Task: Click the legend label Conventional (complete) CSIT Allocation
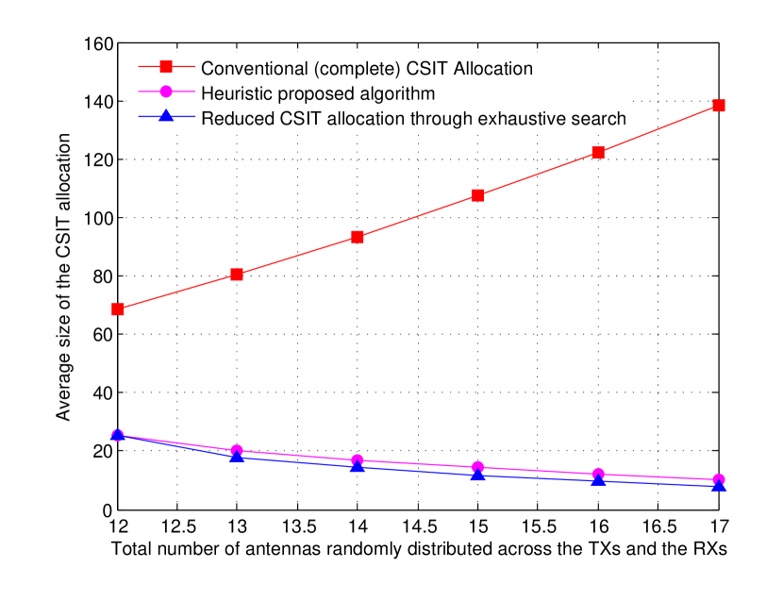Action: point(367,69)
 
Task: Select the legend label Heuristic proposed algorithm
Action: point(318,93)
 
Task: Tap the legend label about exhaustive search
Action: point(413,118)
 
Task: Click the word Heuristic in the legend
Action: point(234,93)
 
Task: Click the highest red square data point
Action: point(719,106)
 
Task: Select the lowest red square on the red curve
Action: point(118,309)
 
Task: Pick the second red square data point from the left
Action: point(237,275)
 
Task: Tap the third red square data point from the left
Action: point(358,237)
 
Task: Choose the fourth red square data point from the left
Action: point(478,195)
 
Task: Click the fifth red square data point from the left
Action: point(598,153)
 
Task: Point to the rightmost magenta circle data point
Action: point(719,480)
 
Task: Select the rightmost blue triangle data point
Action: point(719,486)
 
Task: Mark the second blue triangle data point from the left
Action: point(237,456)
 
